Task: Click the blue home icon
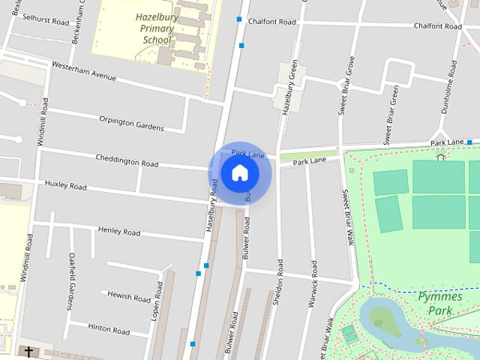pos(240,173)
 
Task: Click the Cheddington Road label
pos(127,160)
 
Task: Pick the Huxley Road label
pos(66,184)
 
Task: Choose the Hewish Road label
pos(129,296)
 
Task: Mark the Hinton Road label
pos(109,328)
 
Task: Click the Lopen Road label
pos(157,301)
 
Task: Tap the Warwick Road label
pos(313,292)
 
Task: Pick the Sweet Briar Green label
pos(391,114)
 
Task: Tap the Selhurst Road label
pos(46,19)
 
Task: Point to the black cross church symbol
pos(29,351)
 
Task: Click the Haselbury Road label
pos(213,214)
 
